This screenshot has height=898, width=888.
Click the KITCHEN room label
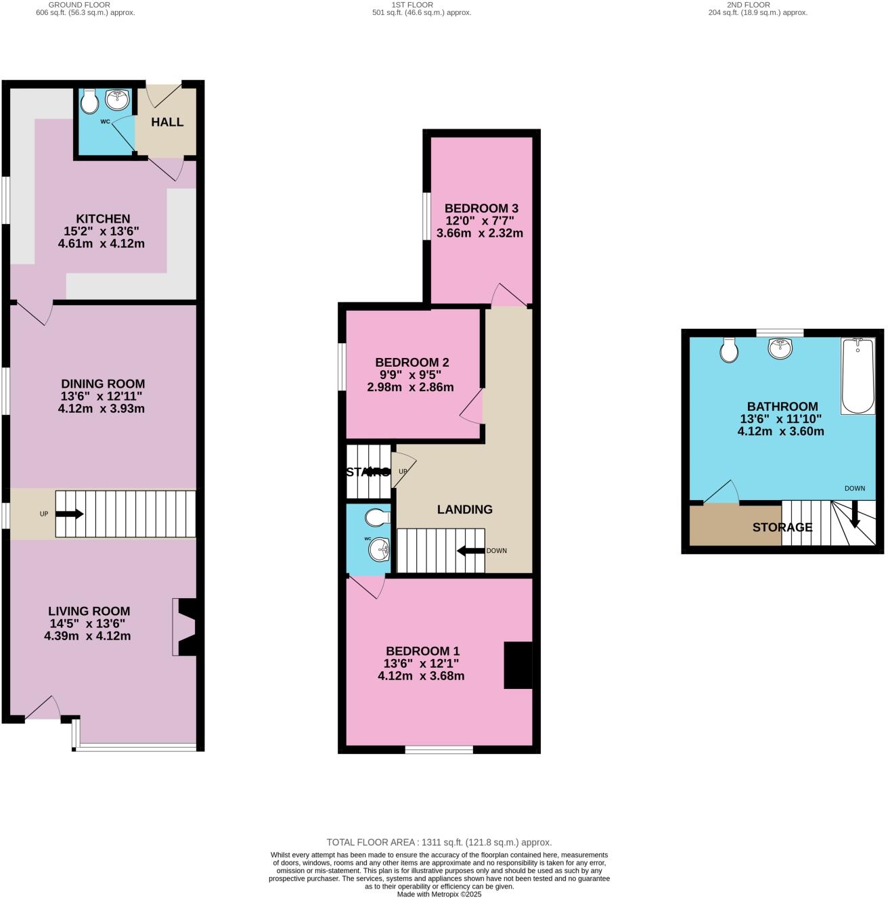pyautogui.click(x=103, y=219)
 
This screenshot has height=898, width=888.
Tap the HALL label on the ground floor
pyautogui.click(x=167, y=122)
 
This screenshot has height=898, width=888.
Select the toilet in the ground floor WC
pyautogui.click(x=89, y=102)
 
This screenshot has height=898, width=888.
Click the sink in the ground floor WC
pyautogui.click(x=118, y=100)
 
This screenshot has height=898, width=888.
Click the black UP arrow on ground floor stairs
pyautogui.click(x=69, y=514)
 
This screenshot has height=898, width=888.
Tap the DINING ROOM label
pyautogui.click(x=103, y=384)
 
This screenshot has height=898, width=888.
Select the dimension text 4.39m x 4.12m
pyautogui.click(x=87, y=636)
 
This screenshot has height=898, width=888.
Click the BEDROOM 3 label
pyautogui.click(x=481, y=208)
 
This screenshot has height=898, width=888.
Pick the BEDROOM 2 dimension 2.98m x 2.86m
pyautogui.click(x=410, y=388)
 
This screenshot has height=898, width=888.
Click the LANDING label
pyautogui.click(x=464, y=510)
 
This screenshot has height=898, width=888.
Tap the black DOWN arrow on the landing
pyautogui.click(x=470, y=551)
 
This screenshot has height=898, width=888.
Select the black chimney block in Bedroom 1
pyautogui.click(x=518, y=665)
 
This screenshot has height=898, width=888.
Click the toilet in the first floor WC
pyautogui.click(x=376, y=518)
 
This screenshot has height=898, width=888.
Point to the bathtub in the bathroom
pyautogui.click(x=858, y=376)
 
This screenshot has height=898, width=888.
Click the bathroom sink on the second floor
pyautogui.click(x=780, y=349)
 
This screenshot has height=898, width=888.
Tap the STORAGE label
pyautogui.click(x=782, y=527)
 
